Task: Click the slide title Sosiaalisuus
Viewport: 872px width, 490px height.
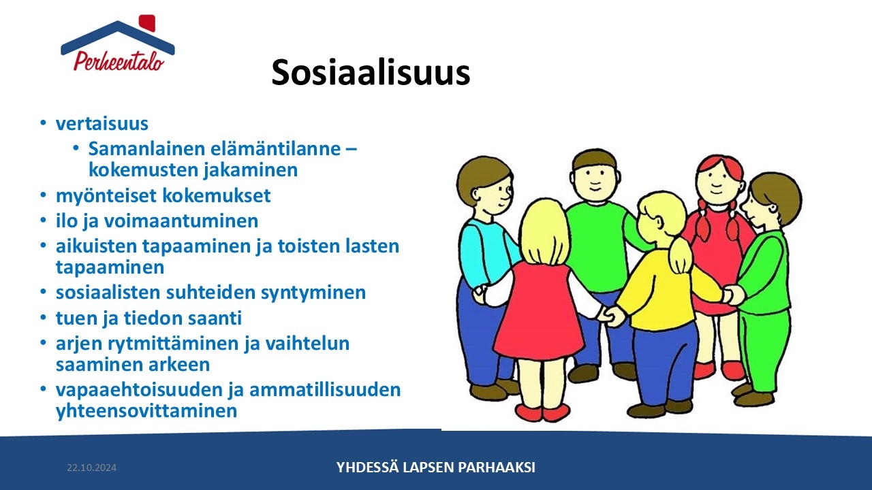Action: click(x=371, y=72)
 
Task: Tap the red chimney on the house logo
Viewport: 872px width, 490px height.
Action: click(x=147, y=23)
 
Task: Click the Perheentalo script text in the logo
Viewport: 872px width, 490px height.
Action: click(x=119, y=61)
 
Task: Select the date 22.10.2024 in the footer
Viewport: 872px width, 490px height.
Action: click(x=91, y=468)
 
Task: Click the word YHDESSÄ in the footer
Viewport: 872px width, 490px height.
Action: click(x=367, y=467)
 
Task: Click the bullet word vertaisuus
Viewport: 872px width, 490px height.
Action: click(x=102, y=124)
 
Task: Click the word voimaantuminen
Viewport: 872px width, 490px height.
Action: click(x=181, y=221)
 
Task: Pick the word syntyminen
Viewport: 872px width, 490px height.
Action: click(x=313, y=293)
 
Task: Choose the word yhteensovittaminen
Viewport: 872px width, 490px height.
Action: click(x=146, y=410)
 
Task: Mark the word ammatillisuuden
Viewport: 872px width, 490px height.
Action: click(x=325, y=390)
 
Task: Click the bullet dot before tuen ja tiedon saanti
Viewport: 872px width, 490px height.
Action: click(x=43, y=317)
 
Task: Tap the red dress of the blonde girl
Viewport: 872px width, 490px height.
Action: click(x=539, y=311)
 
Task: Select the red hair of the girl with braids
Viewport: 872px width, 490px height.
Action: click(x=721, y=165)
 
